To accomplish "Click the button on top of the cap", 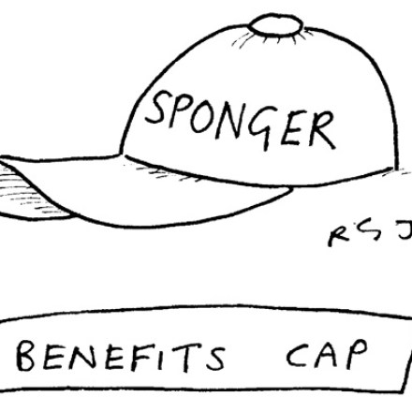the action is (276, 24).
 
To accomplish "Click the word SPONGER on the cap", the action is (241, 120).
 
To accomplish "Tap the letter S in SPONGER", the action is (157, 107).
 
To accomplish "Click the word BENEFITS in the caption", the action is (121, 357).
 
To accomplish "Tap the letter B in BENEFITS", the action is (25, 356).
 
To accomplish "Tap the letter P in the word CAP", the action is (355, 353).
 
